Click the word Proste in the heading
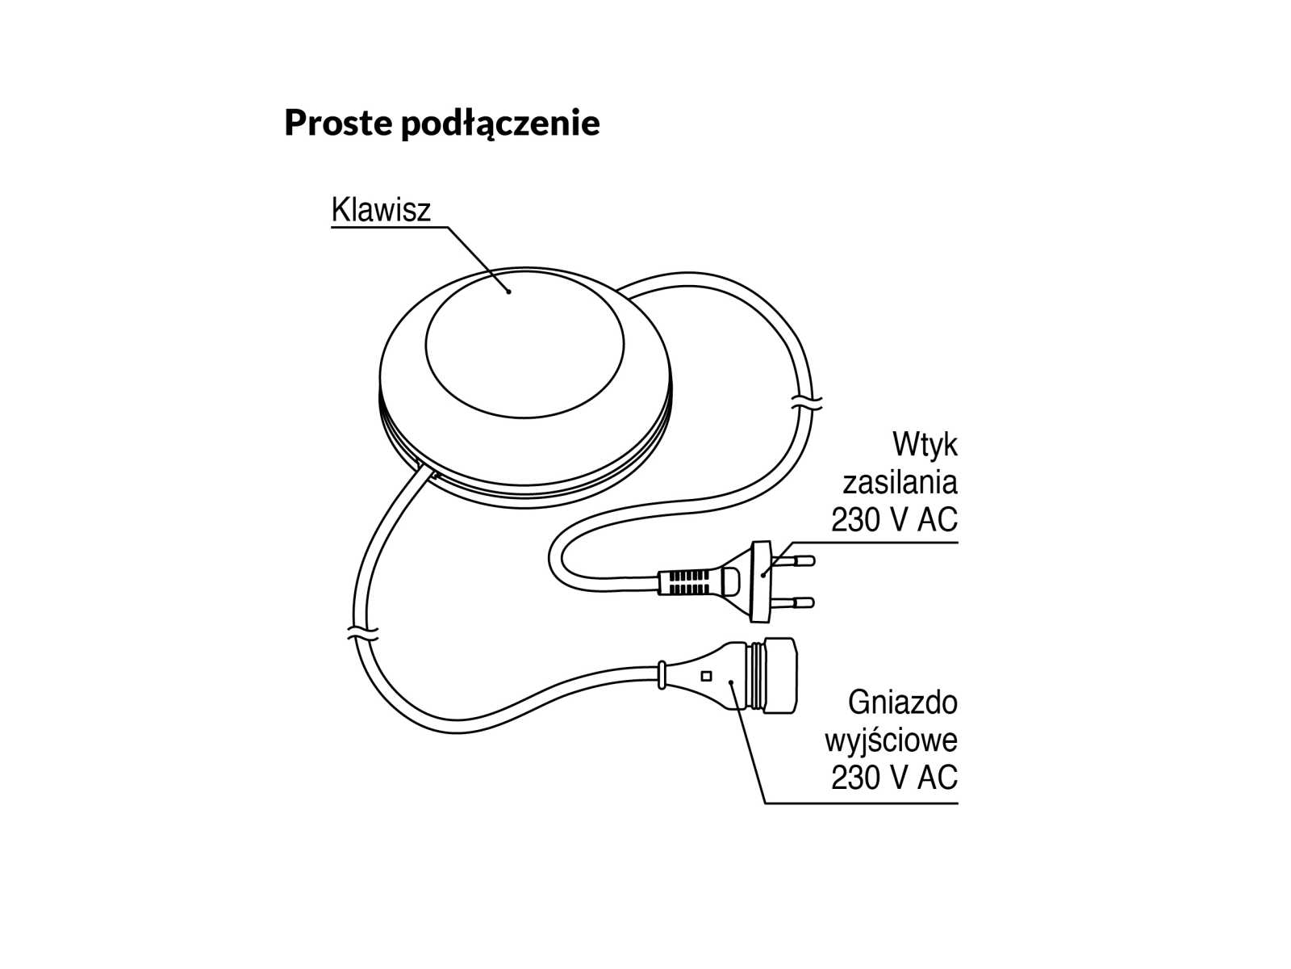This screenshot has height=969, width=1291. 338,123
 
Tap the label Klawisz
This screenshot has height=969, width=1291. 381,210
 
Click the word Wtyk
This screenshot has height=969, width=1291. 925,445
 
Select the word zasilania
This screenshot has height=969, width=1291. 900,483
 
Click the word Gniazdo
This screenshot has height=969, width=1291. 902,703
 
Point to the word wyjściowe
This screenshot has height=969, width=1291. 891,740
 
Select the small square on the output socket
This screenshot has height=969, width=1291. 707,676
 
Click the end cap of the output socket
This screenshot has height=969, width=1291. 780,676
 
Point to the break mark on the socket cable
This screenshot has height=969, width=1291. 362,632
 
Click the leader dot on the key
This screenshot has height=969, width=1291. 508,291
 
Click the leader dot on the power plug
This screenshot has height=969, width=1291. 763,575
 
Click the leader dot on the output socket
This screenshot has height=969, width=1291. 731,682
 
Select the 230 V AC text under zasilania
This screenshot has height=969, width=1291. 894,520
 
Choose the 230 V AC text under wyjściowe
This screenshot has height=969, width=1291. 894,778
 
